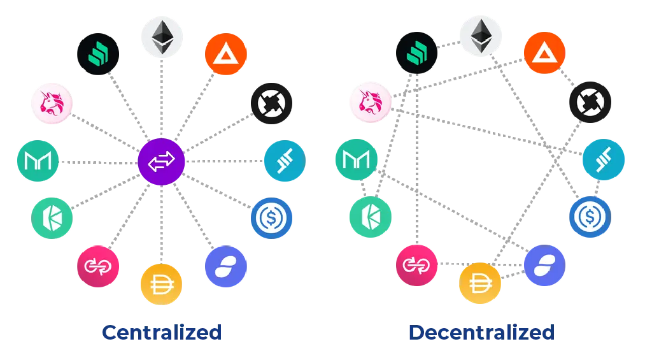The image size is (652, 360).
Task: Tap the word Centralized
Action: tap(162, 332)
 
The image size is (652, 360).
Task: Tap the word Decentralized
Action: tap(481, 332)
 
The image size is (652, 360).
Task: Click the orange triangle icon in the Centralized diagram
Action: tap(227, 53)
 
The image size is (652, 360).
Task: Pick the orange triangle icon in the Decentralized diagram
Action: tap(543, 53)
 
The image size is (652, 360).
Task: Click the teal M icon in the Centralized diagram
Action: tap(37, 162)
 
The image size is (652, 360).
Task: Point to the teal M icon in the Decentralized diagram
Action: tap(355, 162)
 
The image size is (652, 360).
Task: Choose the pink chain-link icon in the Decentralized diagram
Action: tap(416, 264)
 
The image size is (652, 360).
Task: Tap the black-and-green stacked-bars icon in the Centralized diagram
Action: tap(97, 53)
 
